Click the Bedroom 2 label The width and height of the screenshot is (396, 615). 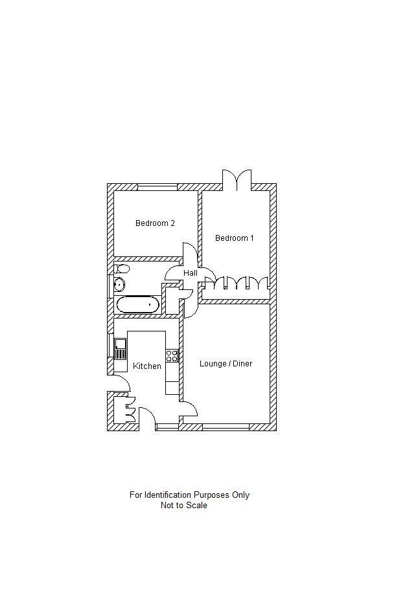click(x=155, y=223)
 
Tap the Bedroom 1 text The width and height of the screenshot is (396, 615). click(x=234, y=238)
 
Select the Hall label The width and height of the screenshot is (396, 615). click(x=190, y=273)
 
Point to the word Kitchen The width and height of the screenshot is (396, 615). click(x=147, y=366)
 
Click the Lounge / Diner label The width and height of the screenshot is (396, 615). click(x=226, y=364)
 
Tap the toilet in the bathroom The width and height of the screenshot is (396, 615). click(x=122, y=268)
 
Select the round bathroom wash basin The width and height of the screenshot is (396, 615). click(x=119, y=284)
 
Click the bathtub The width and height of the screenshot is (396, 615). click(x=137, y=304)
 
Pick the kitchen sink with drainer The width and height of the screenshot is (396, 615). click(x=121, y=349)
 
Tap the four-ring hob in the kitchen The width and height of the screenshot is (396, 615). click(x=172, y=355)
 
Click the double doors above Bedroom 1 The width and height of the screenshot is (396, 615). click(x=237, y=180)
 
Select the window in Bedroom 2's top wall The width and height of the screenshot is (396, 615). click(x=157, y=187)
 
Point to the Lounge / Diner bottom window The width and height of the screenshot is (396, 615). click(x=226, y=427)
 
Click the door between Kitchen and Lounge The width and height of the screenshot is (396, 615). click(x=189, y=408)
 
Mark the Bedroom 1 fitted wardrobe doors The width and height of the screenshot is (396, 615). click(x=237, y=284)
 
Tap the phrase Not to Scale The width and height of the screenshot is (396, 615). click(x=184, y=506)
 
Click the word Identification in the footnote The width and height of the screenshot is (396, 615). click(x=167, y=495)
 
